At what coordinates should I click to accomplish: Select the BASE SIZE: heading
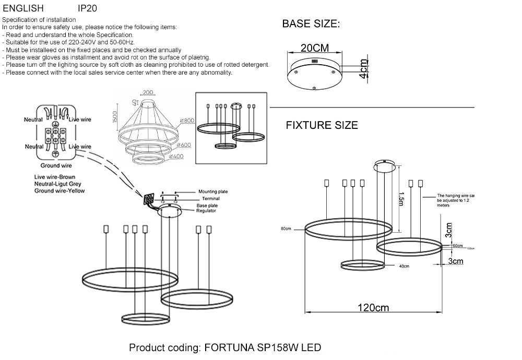click(x=311, y=24)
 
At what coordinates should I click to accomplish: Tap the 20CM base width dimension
click(x=314, y=48)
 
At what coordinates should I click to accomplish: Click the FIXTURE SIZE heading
click(x=322, y=125)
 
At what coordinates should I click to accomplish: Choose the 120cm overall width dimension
click(x=373, y=308)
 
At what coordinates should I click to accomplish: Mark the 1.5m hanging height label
click(x=401, y=199)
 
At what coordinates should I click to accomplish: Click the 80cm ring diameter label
click(x=285, y=229)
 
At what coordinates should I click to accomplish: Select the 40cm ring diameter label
click(x=404, y=266)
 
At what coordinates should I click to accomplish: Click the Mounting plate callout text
click(x=212, y=192)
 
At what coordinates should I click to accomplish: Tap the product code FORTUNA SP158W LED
click(x=225, y=347)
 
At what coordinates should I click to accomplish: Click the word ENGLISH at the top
click(x=23, y=8)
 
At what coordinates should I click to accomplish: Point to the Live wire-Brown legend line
click(x=55, y=177)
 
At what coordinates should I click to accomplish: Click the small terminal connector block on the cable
click(x=150, y=199)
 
